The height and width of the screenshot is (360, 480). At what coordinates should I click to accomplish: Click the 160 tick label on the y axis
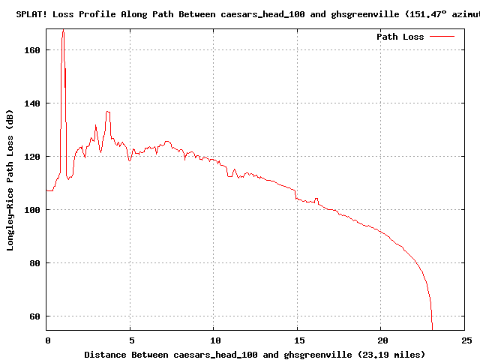point(32,50)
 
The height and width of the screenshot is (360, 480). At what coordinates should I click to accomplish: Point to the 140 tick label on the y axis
point(32,103)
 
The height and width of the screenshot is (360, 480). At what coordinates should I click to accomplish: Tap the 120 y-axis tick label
point(32,157)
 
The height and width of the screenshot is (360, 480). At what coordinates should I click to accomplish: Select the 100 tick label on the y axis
point(32,210)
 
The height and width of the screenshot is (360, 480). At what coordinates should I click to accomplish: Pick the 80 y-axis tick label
point(34,263)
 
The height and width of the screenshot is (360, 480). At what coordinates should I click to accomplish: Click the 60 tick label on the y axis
point(34,316)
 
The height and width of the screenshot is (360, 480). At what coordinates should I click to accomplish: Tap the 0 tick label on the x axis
point(47,340)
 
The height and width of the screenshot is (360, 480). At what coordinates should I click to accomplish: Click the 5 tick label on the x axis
point(130,340)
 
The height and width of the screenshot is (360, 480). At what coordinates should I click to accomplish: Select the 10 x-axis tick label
point(214,340)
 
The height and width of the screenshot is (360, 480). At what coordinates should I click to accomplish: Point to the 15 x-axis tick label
point(298,340)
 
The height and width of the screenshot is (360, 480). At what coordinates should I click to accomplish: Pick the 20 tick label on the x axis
point(381,340)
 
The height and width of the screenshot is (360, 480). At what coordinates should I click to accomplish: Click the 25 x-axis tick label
point(465,340)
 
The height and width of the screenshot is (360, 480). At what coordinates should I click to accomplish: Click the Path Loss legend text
point(400,37)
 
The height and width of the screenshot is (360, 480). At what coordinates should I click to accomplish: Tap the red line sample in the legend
point(442,37)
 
